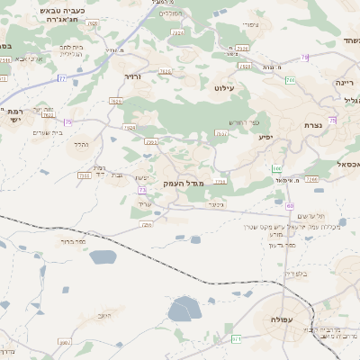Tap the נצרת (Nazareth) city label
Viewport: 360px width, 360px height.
[314, 124]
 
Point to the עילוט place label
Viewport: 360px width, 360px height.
[224, 88]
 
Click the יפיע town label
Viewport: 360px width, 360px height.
[265, 137]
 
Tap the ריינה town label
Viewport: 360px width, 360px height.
[345, 83]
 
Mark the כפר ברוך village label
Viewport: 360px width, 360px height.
[68, 241]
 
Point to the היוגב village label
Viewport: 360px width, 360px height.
[104, 316]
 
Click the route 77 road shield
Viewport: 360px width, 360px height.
[61, 79]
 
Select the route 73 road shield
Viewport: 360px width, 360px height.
[142, 190]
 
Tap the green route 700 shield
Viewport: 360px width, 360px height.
[276, 168]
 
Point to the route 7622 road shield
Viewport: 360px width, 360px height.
[48, 115]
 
